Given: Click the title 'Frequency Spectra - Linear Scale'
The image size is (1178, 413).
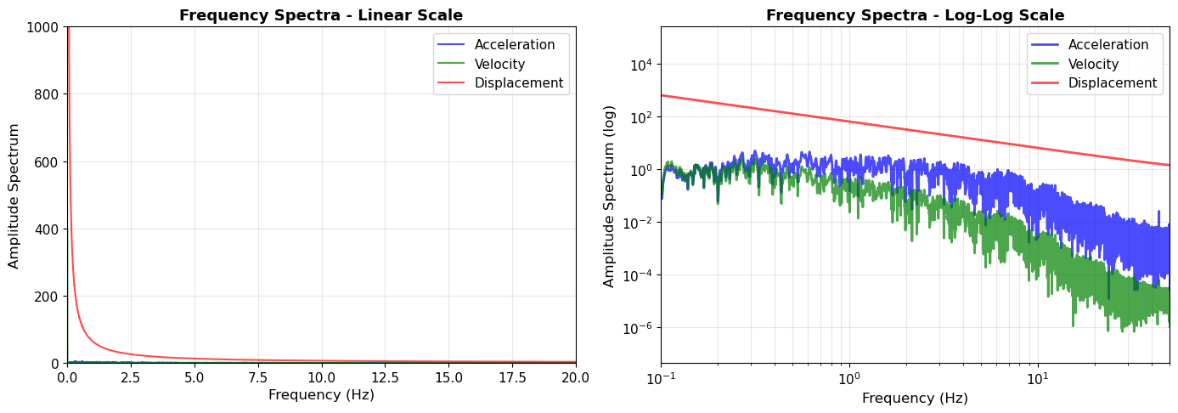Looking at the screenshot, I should (321, 15).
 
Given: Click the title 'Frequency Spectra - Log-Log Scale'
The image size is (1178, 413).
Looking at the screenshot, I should (915, 15).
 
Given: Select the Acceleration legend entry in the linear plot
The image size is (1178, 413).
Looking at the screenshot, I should (514, 45).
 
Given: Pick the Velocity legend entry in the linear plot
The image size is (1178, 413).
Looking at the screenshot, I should (499, 65).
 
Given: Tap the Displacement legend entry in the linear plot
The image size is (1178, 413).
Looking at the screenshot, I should (518, 83).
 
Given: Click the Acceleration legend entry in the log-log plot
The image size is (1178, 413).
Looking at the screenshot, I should (1108, 45).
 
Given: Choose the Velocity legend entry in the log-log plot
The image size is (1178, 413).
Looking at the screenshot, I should (1093, 65).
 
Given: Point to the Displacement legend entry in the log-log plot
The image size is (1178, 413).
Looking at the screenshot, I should (1112, 83).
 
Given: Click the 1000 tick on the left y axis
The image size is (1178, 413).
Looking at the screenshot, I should (43, 27).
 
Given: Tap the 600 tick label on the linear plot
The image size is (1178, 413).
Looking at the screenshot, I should (47, 162).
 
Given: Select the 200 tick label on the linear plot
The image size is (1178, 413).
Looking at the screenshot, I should (47, 297).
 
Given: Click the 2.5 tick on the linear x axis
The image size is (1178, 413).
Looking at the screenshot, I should (131, 377).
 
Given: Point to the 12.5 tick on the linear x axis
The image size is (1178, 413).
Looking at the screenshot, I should (385, 377).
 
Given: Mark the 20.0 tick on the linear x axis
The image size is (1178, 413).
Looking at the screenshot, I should (575, 377).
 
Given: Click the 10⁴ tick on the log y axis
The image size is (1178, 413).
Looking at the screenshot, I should (640, 65).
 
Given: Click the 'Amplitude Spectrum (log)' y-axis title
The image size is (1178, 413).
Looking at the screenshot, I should (610, 196).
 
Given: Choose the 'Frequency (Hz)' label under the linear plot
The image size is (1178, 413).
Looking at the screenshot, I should (321, 395).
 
